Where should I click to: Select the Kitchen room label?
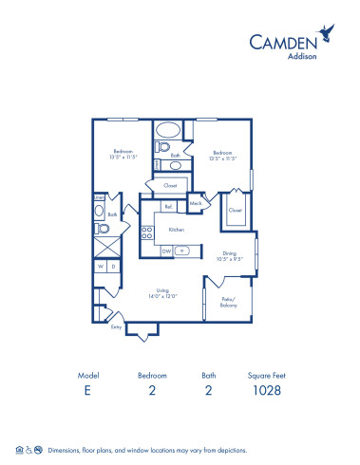coord(176,229)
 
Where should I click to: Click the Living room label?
coord(163,292)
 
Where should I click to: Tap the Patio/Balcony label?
coord(229,302)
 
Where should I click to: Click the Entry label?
coord(116,326)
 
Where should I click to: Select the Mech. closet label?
coord(196,203)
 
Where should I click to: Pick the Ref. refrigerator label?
coord(168,206)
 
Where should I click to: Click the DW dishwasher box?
coord(166,251)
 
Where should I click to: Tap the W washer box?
coord(100,267)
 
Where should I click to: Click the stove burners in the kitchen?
coord(147,231)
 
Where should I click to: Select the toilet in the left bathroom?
coord(104,229)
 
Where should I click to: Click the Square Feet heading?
coord(266,376)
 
